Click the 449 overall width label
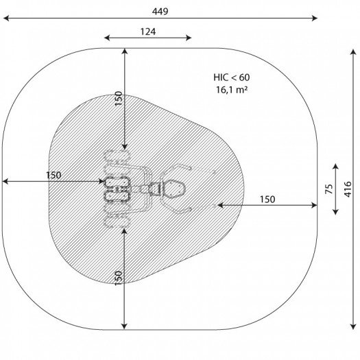[160, 11]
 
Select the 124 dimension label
[148, 32]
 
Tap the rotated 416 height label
[348, 189]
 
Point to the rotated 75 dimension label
[329, 189]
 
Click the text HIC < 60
[232, 77]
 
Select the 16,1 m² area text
[232, 90]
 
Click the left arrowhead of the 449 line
[6, 18]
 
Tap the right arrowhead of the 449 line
[315, 18]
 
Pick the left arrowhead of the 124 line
[107, 38]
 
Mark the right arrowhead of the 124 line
[189, 38]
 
